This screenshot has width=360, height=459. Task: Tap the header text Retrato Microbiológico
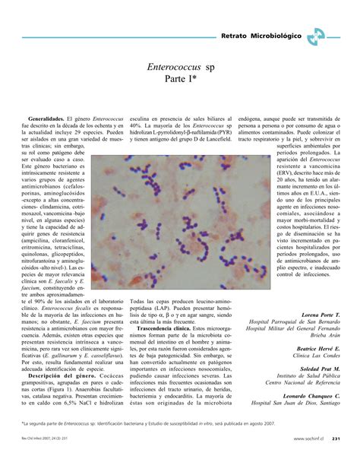(260, 36)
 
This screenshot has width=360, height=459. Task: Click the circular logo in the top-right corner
(319, 36)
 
